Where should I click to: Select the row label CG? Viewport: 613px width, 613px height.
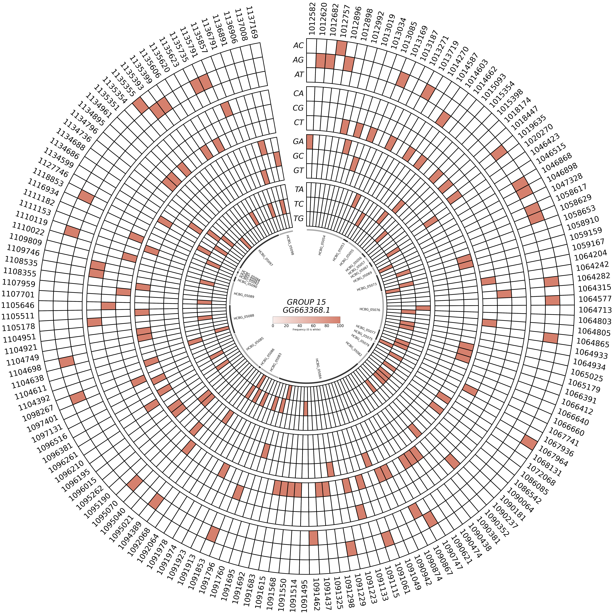point(298,108)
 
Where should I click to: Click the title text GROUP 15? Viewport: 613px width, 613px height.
point(306,302)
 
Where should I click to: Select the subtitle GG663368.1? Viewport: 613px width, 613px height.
point(306,310)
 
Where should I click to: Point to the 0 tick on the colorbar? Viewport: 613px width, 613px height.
point(273,326)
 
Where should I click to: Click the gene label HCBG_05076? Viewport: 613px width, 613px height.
point(370,309)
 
